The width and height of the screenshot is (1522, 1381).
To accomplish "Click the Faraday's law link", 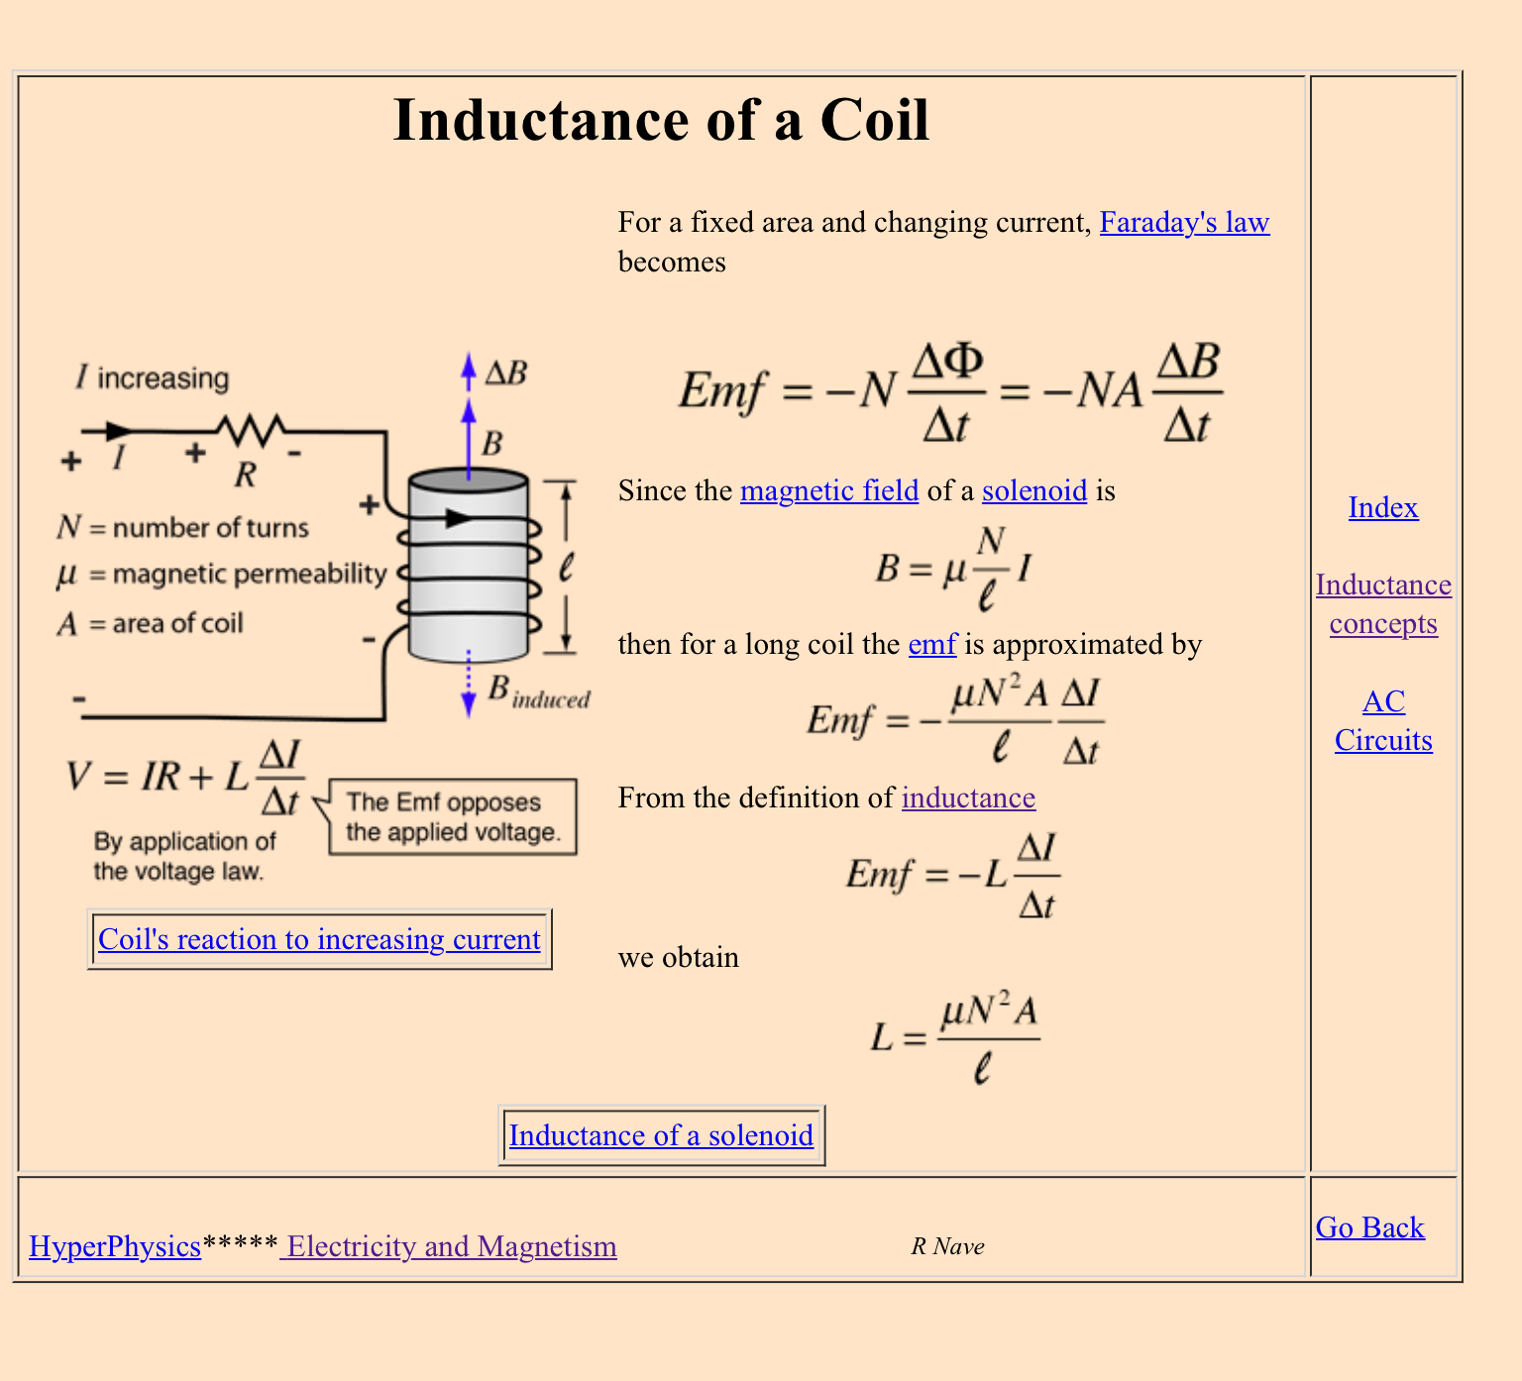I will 1184,223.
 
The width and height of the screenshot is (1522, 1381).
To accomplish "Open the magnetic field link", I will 829,491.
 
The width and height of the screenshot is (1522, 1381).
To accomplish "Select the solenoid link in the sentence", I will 1034,491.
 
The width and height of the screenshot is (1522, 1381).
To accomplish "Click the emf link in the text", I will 932,645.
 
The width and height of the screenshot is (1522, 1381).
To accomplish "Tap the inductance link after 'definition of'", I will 968,798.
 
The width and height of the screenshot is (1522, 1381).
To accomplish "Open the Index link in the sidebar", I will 1383,508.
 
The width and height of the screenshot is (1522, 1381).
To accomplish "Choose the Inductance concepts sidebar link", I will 1383,604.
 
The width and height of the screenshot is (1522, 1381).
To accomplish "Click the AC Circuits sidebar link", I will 1383,721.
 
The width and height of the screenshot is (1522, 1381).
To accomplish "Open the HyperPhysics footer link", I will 115,1246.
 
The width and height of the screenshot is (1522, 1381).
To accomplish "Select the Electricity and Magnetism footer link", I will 451,1246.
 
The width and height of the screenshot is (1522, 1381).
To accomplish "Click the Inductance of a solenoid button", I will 661,1135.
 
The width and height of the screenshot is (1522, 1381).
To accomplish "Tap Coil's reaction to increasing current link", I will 319,939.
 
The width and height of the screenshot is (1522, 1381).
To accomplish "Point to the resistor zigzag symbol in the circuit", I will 252,429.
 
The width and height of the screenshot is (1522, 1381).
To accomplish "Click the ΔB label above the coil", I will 506,373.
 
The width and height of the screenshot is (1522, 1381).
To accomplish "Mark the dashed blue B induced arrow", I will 469,684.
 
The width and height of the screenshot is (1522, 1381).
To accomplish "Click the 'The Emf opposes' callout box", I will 453,817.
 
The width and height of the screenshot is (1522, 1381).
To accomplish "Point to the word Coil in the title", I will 874,121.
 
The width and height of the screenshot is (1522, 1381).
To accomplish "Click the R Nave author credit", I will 947,1246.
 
